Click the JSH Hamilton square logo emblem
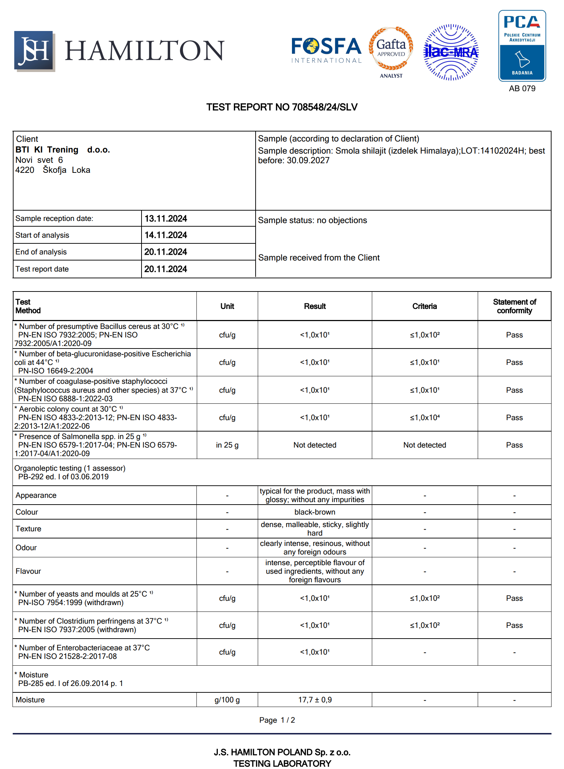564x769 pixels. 34,51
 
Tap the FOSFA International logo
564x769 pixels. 326,50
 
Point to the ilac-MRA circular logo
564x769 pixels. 451,52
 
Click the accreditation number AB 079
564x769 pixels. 522,88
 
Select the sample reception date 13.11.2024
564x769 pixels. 166,218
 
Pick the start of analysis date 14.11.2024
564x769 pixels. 166,235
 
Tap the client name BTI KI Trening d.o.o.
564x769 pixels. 63,150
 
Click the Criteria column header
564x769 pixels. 424,306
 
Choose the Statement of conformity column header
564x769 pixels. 514,306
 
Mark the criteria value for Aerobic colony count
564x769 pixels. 424,418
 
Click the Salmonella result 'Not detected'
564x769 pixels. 315,445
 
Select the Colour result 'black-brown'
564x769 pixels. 315,512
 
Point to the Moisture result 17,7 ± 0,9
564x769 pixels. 315,700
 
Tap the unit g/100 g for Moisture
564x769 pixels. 227,700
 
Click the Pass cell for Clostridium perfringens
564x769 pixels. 514,625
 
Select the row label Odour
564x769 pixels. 26,548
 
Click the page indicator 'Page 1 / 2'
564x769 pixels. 277,720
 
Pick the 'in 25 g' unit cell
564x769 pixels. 227,445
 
